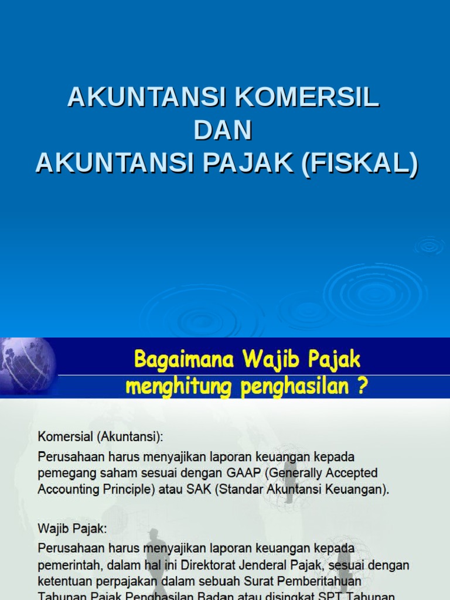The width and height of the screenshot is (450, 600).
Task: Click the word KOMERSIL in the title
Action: pos(307,97)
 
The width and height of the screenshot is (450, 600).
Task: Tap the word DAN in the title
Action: pos(223,130)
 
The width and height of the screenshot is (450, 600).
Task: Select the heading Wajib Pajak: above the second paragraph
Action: pos(73,528)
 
